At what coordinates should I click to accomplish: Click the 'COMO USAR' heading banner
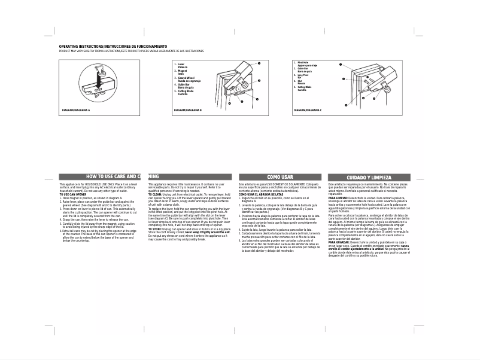coord(280,177)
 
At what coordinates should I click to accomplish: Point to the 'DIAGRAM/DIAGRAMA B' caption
coord(188,111)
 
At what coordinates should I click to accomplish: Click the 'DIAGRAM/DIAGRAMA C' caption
coord(308,111)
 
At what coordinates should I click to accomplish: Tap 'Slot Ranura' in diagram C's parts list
coord(301,81)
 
